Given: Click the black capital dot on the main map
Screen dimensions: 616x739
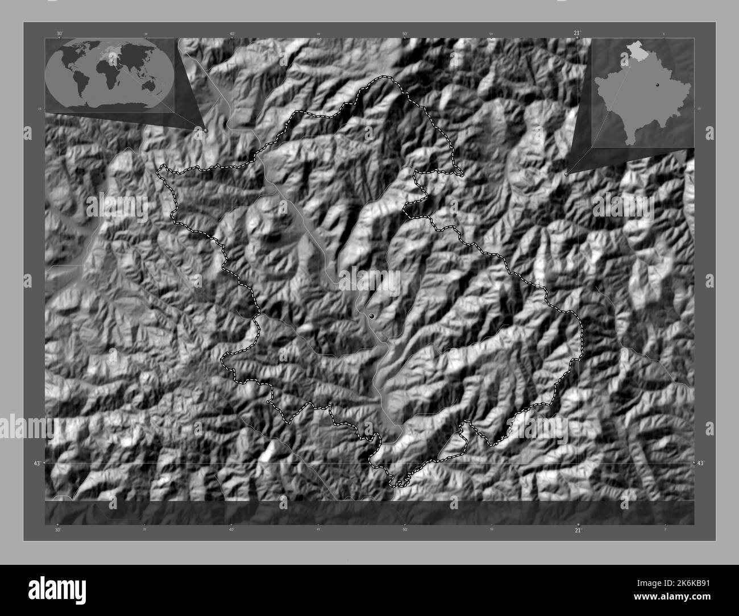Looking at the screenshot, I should tap(371, 315).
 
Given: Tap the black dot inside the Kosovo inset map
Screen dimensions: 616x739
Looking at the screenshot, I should tap(657, 84).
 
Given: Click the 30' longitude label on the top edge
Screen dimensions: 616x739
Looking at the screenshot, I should tap(59, 34).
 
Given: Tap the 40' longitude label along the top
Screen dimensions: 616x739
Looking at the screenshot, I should tap(232, 34).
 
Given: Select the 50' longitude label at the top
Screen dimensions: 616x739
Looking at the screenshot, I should tap(405, 34).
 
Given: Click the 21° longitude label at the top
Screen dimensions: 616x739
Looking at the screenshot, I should tap(577, 34).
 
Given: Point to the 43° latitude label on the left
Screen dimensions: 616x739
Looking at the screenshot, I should tap(36, 464).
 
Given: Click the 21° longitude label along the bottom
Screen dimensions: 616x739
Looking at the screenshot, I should tap(578, 530).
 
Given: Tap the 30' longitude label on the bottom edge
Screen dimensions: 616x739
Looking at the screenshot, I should tap(57, 530).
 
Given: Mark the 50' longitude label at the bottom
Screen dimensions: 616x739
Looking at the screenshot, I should tap(405, 530).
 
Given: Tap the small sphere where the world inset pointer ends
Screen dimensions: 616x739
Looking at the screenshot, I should tap(206, 130).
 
